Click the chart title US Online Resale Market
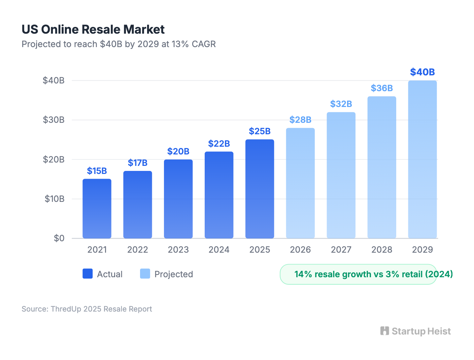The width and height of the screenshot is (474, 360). click(x=93, y=30)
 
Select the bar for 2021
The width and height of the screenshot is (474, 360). click(x=97, y=209)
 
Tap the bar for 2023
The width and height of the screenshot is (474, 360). click(x=178, y=199)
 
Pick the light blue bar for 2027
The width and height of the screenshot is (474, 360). click(x=341, y=175)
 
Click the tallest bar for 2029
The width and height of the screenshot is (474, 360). click(x=422, y=159)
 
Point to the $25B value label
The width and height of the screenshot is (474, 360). click(x=260, y=131)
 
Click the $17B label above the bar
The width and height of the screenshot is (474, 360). click(x=137, y=163)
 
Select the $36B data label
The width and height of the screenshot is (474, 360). click(x=382, y=88)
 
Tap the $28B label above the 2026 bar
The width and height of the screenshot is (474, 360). click(x=300, y=120)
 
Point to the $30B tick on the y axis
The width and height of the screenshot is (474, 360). click(x=54, y=120)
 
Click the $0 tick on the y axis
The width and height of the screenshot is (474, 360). click(x=59, y=238)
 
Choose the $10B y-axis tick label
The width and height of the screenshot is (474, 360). click(x=54, y=199)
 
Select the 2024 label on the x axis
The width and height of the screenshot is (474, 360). click(x=219, y=250)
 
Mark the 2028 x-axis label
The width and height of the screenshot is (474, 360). click(x=382, y=250)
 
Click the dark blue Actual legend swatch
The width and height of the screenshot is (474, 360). click(x=88, y=274)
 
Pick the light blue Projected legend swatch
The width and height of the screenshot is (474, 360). click(x=145, y=274)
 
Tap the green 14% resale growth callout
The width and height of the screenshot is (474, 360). click(x=358, y=274)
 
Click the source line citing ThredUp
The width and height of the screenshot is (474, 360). click(x=87, y=309)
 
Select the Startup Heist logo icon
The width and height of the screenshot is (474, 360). click(x=384, y=331)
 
